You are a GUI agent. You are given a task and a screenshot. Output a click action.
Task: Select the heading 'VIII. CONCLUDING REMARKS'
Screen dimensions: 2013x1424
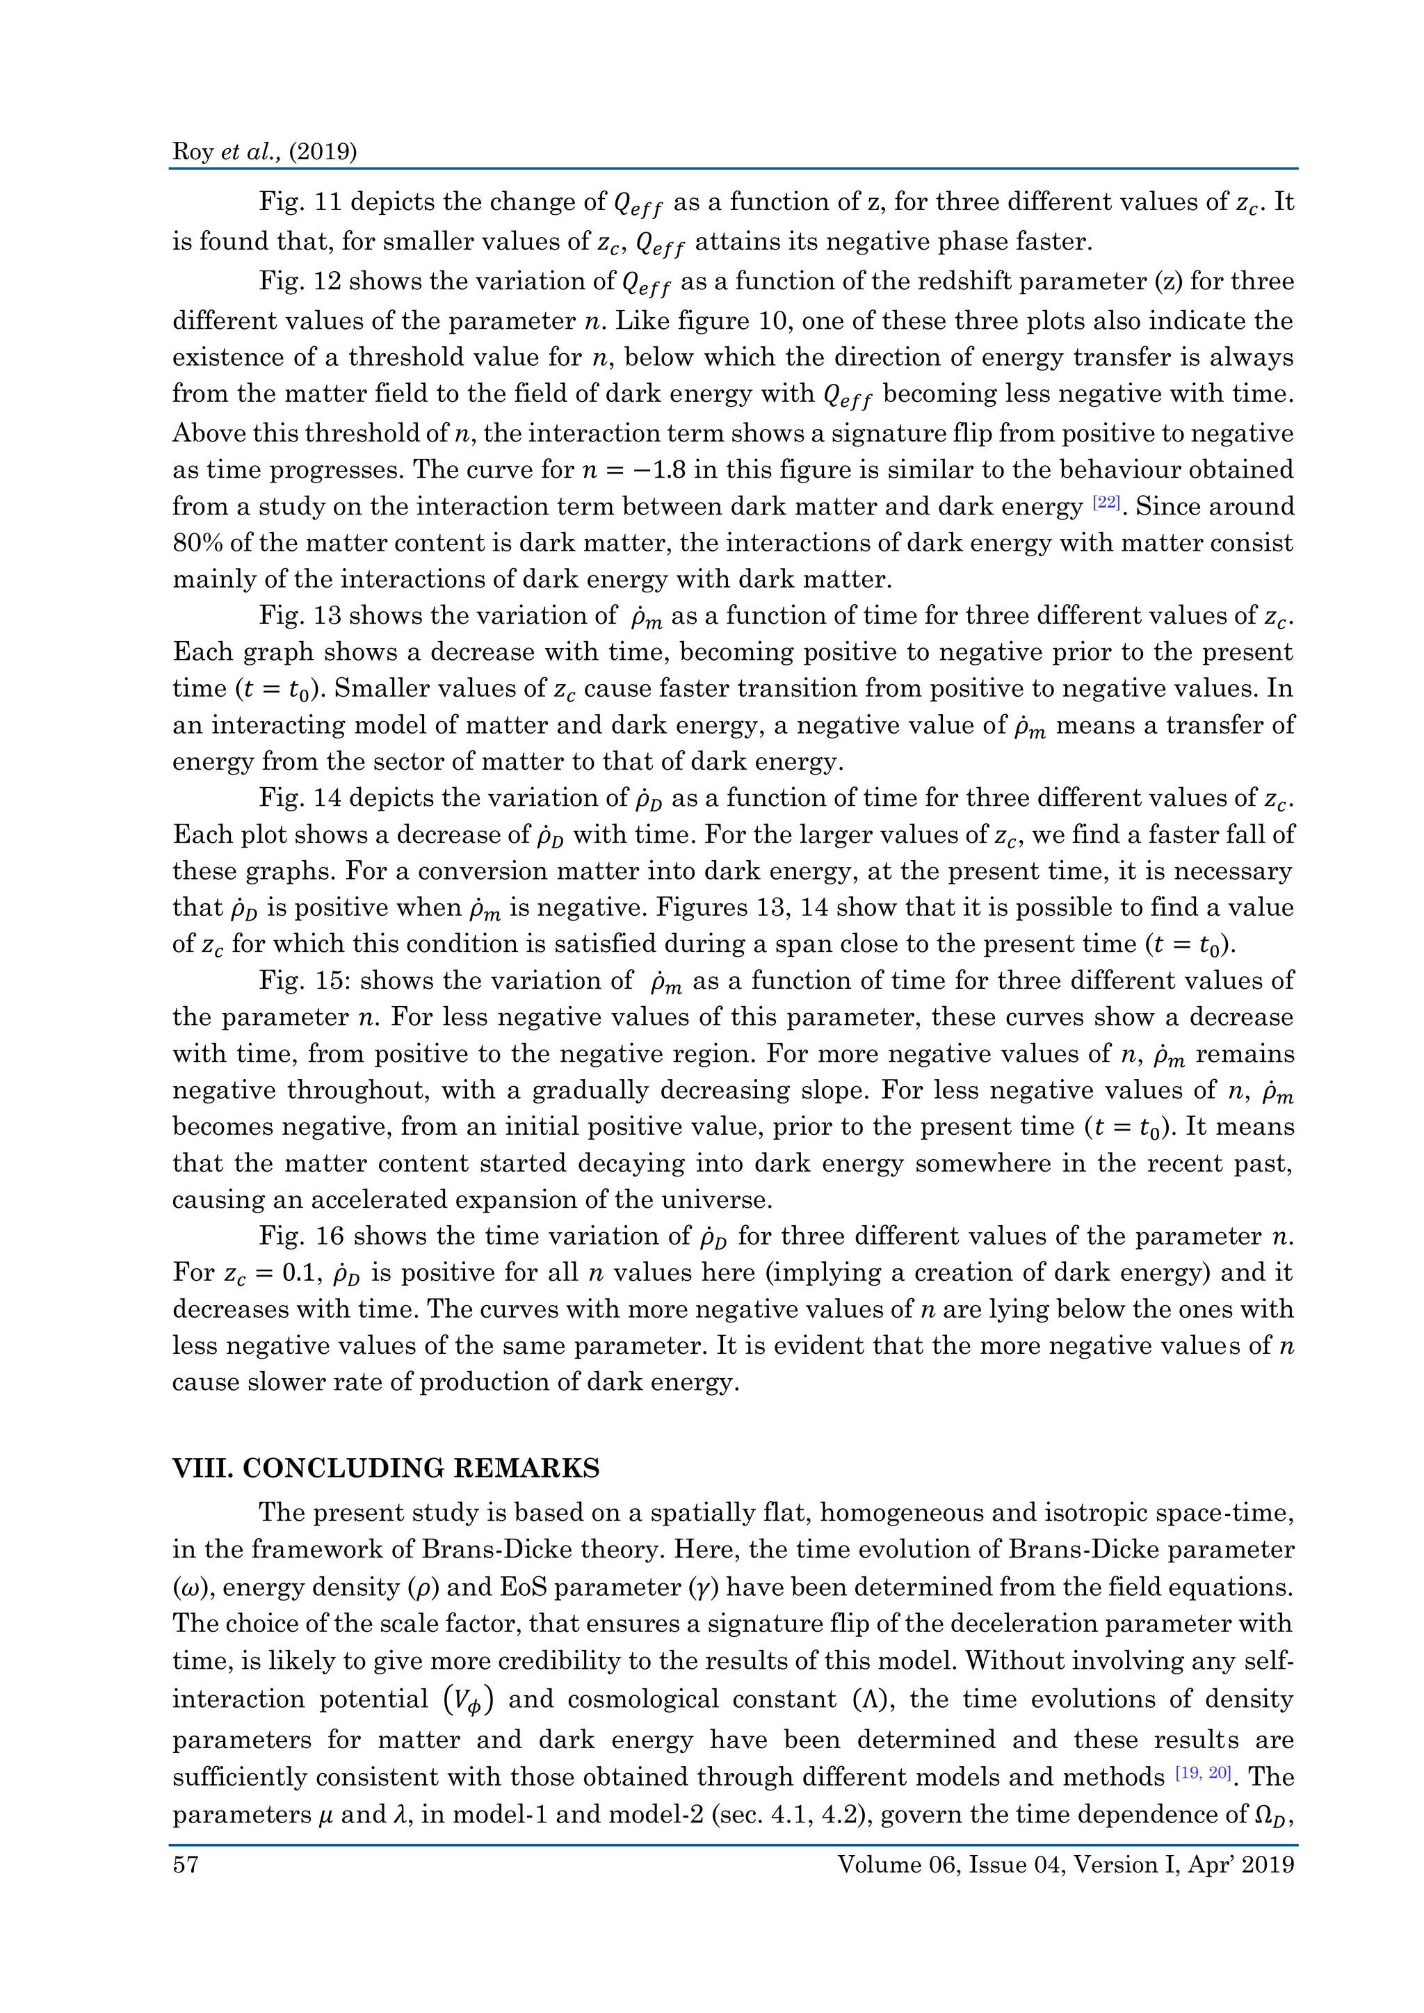386,1469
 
